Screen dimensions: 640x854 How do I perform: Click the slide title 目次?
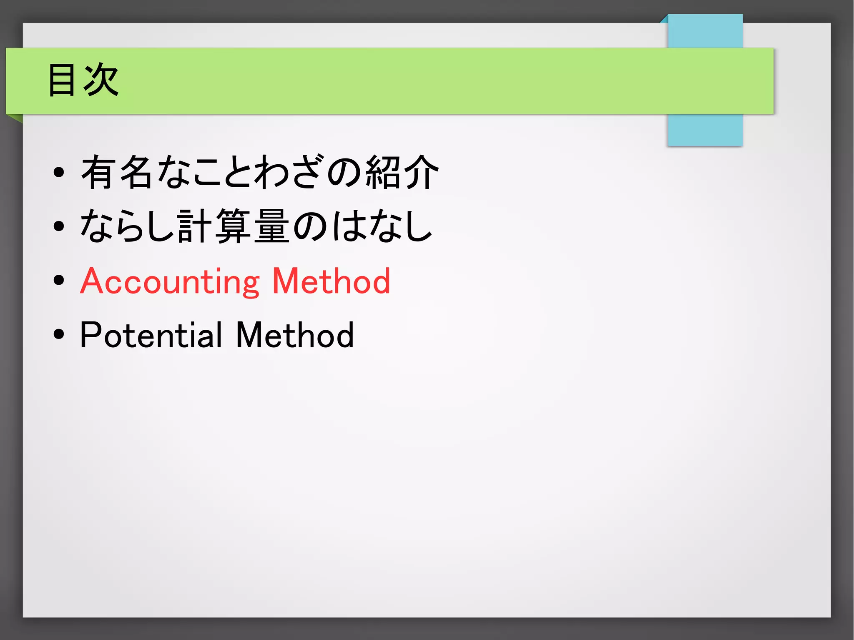point(83,80)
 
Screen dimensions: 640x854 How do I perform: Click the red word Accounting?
point(170,282)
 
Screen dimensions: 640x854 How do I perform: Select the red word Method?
point(331,282)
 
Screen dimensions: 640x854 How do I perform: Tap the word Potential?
point(151,335)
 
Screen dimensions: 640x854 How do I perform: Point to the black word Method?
point(295,335)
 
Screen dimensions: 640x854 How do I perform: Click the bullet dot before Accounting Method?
point(59,280)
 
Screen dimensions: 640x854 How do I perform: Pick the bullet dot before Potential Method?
point(59,334)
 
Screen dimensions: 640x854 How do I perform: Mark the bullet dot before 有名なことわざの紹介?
point(59,171)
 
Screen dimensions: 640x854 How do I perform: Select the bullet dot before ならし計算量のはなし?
point(59,226)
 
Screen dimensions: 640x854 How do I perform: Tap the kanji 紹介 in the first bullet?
point(402,171)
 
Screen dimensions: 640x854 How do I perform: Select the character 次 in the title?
point(101,80)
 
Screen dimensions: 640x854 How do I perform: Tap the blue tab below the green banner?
point(705,130)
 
